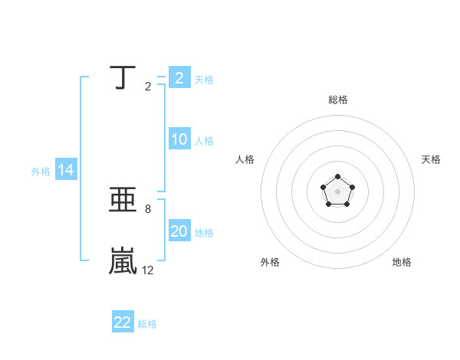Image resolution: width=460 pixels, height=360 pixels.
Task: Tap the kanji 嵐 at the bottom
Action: [x=123, y=260]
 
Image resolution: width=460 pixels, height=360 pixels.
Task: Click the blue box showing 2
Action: [x=179, y=78]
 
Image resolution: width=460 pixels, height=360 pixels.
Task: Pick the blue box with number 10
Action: [x=179, y=139]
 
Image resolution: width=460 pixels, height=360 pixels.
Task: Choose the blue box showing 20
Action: [x=179, y=231]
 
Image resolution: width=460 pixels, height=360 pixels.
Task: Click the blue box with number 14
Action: [x=66, y=170]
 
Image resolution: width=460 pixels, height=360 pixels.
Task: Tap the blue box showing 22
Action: [x=123, y=322]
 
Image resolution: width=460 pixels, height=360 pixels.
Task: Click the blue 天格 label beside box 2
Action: [x=204, y=80]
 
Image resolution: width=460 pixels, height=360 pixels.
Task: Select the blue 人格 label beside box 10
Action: [x=204, y=141]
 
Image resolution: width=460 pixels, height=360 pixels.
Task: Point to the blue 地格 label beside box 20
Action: [x=204, y=233]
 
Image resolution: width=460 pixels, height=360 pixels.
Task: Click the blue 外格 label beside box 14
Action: [x=41, y=172]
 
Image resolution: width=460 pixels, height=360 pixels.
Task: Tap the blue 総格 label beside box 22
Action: [x=147, y=324]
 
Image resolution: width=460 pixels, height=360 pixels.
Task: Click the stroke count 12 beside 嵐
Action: [x=147, y=270]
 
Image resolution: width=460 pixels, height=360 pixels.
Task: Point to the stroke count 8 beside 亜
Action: [x=147, y=208]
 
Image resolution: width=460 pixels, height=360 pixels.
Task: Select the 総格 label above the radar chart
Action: [x=337, y=100]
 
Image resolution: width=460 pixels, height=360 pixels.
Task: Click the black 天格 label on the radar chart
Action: [x=432, y=159]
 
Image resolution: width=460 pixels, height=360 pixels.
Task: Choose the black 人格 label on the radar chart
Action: [x=245, y=159]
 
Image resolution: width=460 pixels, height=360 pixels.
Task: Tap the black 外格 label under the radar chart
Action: [x=270, y=262]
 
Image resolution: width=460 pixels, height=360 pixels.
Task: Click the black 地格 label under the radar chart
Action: [x=402, y=262]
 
